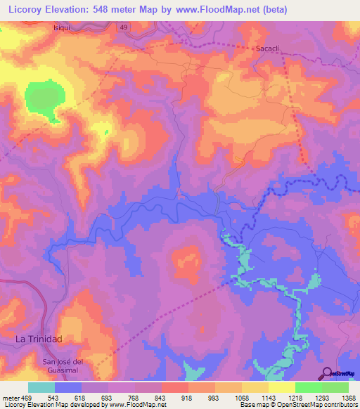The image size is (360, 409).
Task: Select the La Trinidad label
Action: click(39, 339)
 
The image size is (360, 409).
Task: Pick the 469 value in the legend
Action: click(27, 398)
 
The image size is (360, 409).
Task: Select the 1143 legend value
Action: click(269, 398)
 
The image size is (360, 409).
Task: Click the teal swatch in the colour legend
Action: click(41, 387)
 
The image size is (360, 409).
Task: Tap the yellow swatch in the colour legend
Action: click(281, 387)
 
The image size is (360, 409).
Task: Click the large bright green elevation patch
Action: click(47, 98)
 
